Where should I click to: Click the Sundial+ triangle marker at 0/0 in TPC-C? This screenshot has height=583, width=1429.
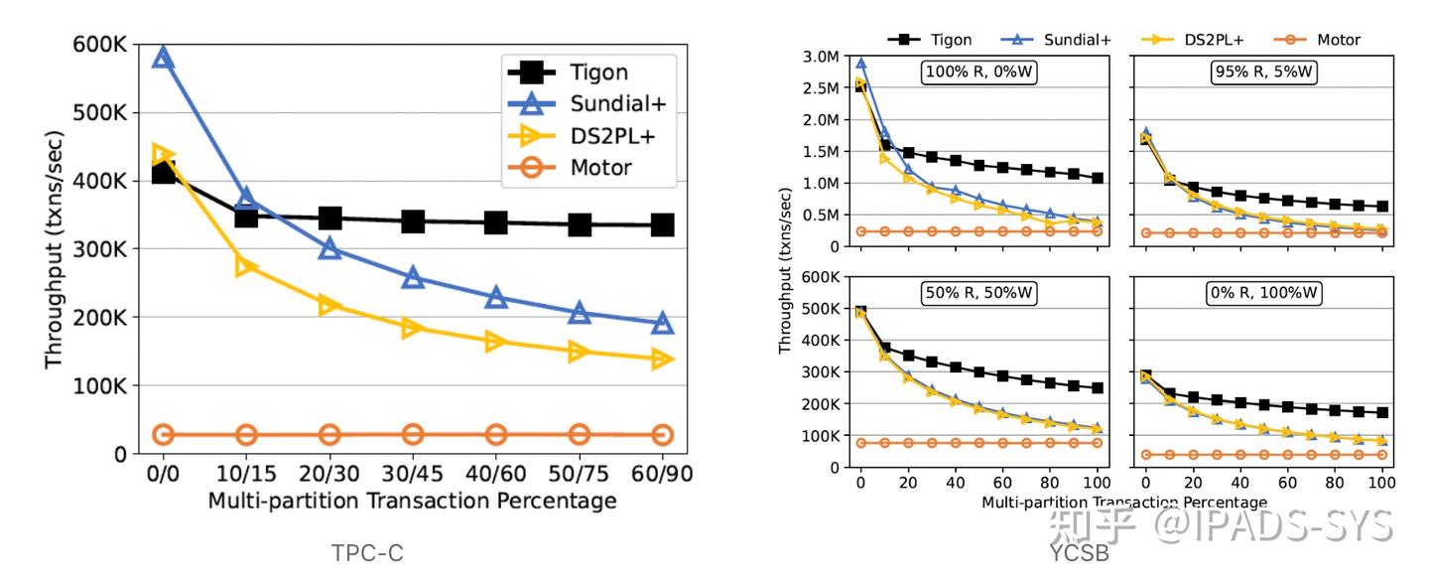pos(164,58)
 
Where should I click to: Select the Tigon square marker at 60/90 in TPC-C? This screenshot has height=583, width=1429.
pos(662,225)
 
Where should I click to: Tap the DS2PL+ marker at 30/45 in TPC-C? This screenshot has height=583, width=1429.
pos(413,328)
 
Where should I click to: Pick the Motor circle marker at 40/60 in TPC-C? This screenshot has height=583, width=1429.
pos(496,434)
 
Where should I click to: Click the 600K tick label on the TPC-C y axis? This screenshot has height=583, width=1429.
pos(99,45)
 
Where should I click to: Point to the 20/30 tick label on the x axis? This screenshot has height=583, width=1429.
pos(329,473)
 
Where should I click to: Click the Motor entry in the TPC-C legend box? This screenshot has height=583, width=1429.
pos(600,166)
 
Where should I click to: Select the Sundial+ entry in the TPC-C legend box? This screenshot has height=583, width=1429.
pos(612,103)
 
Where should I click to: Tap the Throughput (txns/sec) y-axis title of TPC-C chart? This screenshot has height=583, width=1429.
pos(55,248)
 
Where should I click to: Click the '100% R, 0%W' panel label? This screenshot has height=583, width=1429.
pos(979,73)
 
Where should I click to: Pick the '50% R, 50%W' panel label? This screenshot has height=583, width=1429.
pos(979,293)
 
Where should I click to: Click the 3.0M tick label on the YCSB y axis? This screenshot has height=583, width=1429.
pos(824,57)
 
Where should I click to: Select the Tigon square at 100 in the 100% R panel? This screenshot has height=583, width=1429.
pos(1098,179)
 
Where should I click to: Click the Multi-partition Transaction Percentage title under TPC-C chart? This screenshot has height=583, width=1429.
pos(412,501)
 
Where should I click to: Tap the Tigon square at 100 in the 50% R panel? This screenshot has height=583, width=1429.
pos(1098,388)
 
